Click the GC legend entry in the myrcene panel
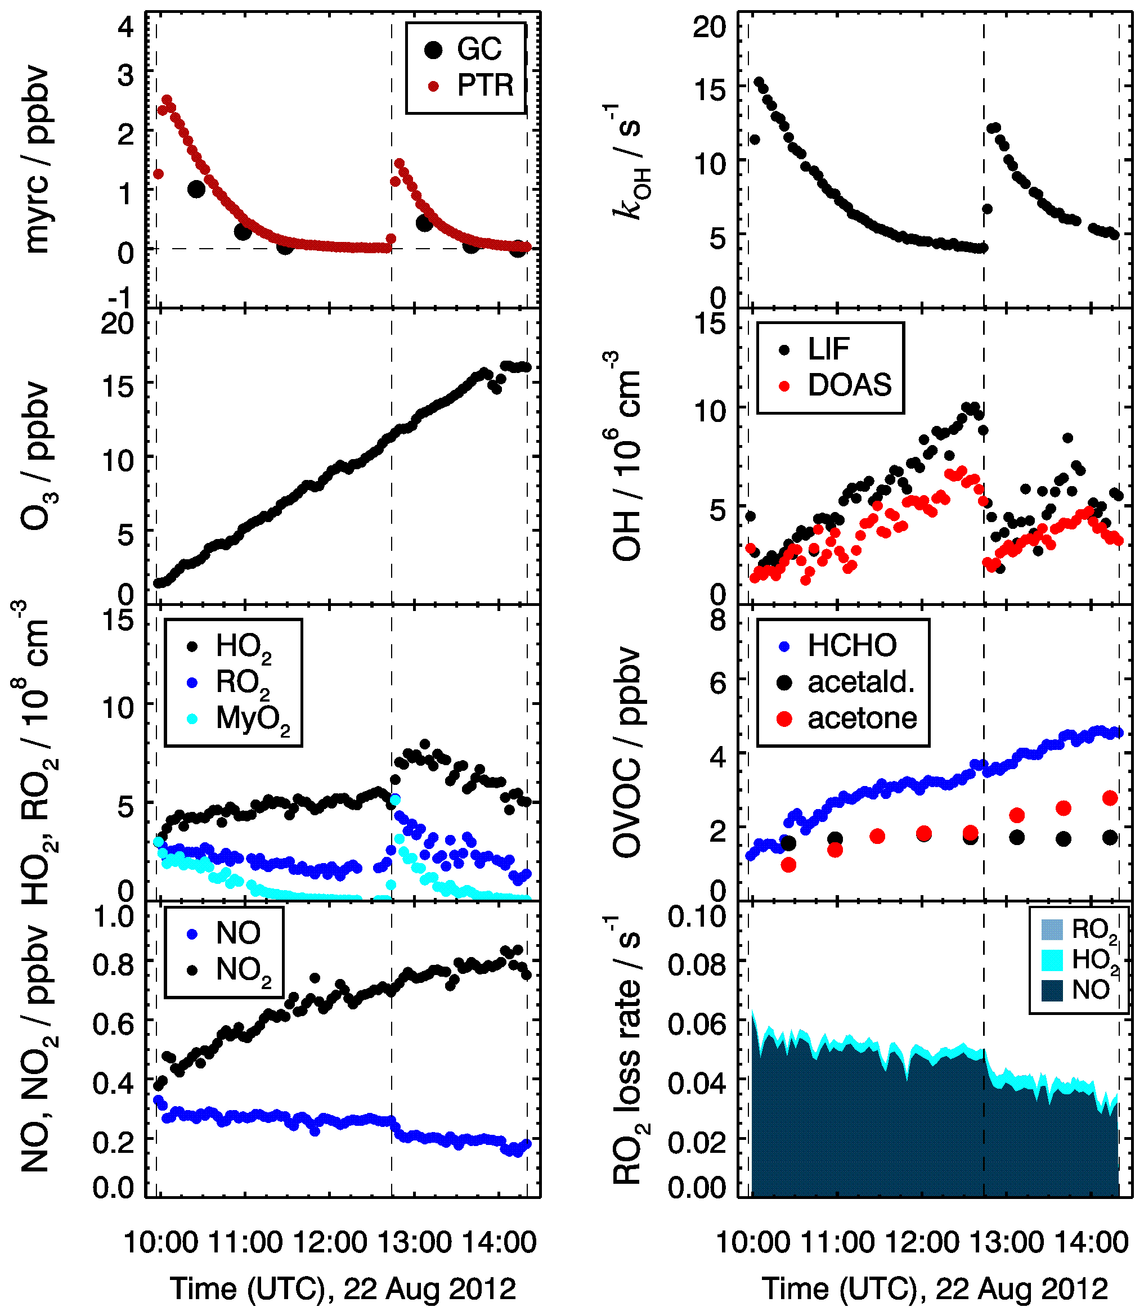click(479, 49)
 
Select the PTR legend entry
click(484, 86)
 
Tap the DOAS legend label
click(849, 385)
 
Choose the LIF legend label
click(828, 348)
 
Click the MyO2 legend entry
click(252, 719)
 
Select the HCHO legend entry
click(851, 646)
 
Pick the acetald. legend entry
click(860, 682)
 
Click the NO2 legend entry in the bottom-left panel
click(243, 971)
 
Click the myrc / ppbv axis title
click(37, 160)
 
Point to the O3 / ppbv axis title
click(37, 456)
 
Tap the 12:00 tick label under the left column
click(330, 1243)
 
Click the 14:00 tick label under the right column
click(1092, 1243)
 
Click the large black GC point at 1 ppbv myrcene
click(196, 189)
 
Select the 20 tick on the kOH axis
click(710, 28)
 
